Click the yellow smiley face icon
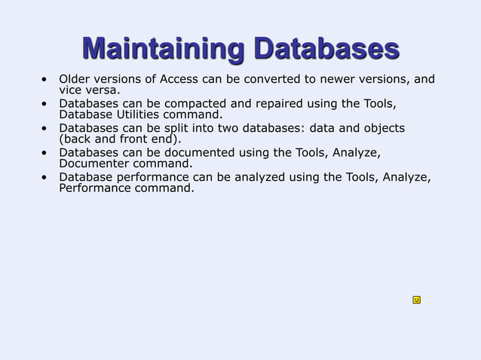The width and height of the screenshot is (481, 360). pyautogui.click(x=416, y=300)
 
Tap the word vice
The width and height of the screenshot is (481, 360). pyautogui.click(x=71, y=90)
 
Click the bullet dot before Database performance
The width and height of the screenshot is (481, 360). pyautogui.click(x=46, y=178)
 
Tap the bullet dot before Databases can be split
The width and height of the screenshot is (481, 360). pyautogui.click(x=46, y=128)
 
